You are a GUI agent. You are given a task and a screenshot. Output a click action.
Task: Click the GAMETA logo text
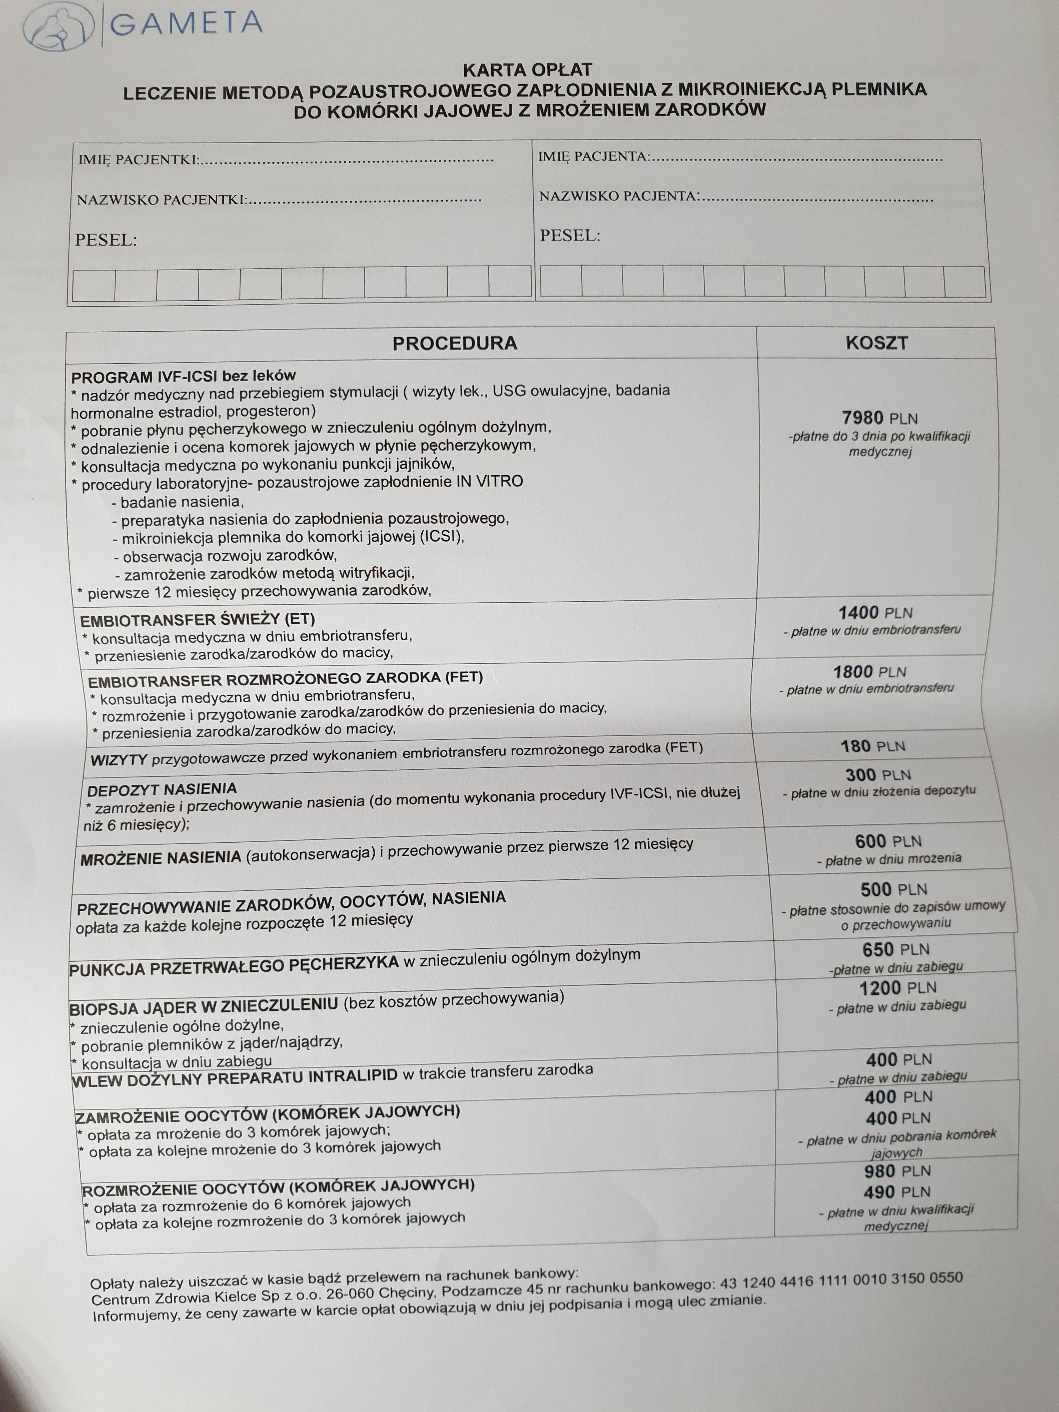[x=186, y=23]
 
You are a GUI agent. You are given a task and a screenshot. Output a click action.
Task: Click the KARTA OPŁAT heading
[x=527, y=70]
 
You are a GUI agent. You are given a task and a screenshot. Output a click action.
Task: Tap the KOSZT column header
[x=876, y=343]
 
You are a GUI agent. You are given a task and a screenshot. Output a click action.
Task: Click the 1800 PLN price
[x=870, y=672]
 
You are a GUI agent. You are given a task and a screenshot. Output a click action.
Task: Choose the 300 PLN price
[x=878, y=775]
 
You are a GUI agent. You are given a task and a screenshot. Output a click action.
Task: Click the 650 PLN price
[x=895, y=949]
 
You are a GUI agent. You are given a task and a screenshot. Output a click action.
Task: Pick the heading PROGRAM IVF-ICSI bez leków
[x=183, y=376]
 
